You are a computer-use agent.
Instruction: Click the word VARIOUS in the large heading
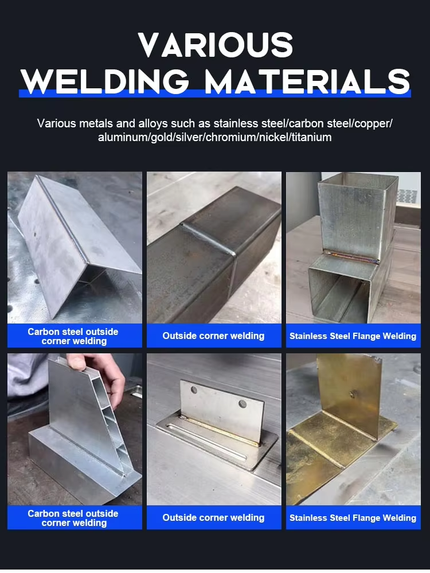[x=216, y=45]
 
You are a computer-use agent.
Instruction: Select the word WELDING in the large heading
[x=105, y=81]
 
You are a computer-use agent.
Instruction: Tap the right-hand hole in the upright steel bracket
[x=242, y=404]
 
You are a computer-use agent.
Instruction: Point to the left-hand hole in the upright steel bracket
[x=194, y=390]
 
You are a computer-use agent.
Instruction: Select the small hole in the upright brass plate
[x=352, y=394]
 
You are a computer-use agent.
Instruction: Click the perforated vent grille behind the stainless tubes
[x=407, y=196]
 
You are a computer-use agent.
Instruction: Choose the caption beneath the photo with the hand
[x=75, y=518]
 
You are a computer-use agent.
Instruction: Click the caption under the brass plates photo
[x=353, y=518]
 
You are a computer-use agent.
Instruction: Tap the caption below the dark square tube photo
[x=214, y=336]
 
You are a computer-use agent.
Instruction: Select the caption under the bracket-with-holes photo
[x=214, y=518]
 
